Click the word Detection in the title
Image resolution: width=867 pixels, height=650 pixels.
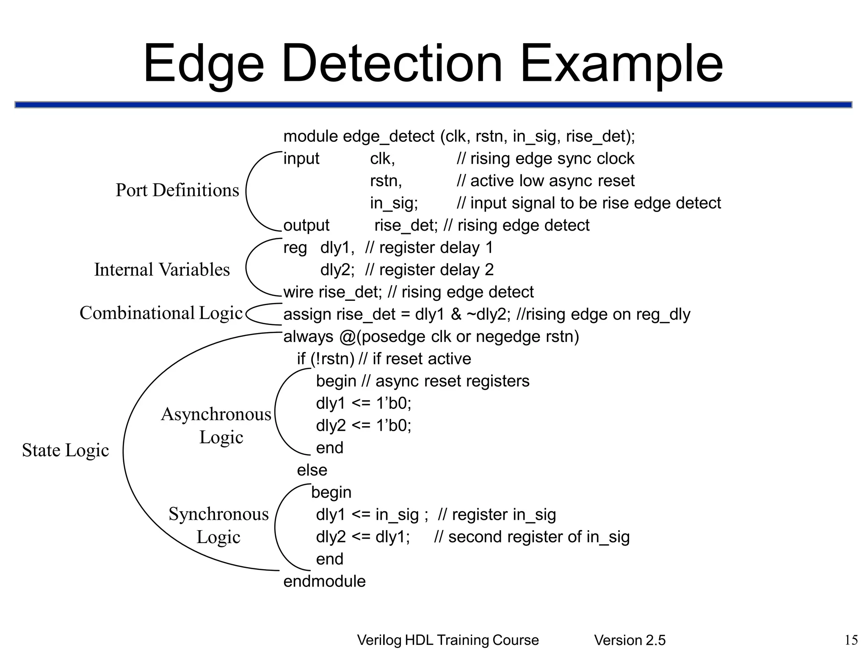(x=392, y=64)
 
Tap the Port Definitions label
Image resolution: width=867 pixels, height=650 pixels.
(x=177, y=190)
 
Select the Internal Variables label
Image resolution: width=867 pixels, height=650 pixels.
(x=162, y=270)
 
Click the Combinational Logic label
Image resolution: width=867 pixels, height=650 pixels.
(x=161, y=313)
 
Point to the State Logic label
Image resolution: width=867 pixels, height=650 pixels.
(x=65, y=450)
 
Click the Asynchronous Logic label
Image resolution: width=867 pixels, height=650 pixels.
(x=216, y=425)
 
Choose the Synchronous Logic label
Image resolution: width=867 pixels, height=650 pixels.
(x=218, y=525)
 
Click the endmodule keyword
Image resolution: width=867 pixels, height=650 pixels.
(x=324, y=581)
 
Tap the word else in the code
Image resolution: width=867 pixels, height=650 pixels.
(x=312, y=470)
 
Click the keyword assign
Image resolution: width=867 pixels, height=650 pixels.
(x=307, y=315)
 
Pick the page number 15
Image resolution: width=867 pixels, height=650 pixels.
(x=851, y=640)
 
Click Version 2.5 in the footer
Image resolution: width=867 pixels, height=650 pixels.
(x=630, y=640)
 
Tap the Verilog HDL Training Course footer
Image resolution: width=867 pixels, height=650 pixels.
(x=448, y=640)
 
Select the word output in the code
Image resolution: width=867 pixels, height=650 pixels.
(x=306, y=226)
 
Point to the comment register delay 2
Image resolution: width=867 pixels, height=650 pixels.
(x=429, y=270)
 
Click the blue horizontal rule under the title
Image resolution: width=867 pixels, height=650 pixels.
(x=433, y=105)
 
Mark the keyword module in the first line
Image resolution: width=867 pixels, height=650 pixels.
(x=310, y=137)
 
